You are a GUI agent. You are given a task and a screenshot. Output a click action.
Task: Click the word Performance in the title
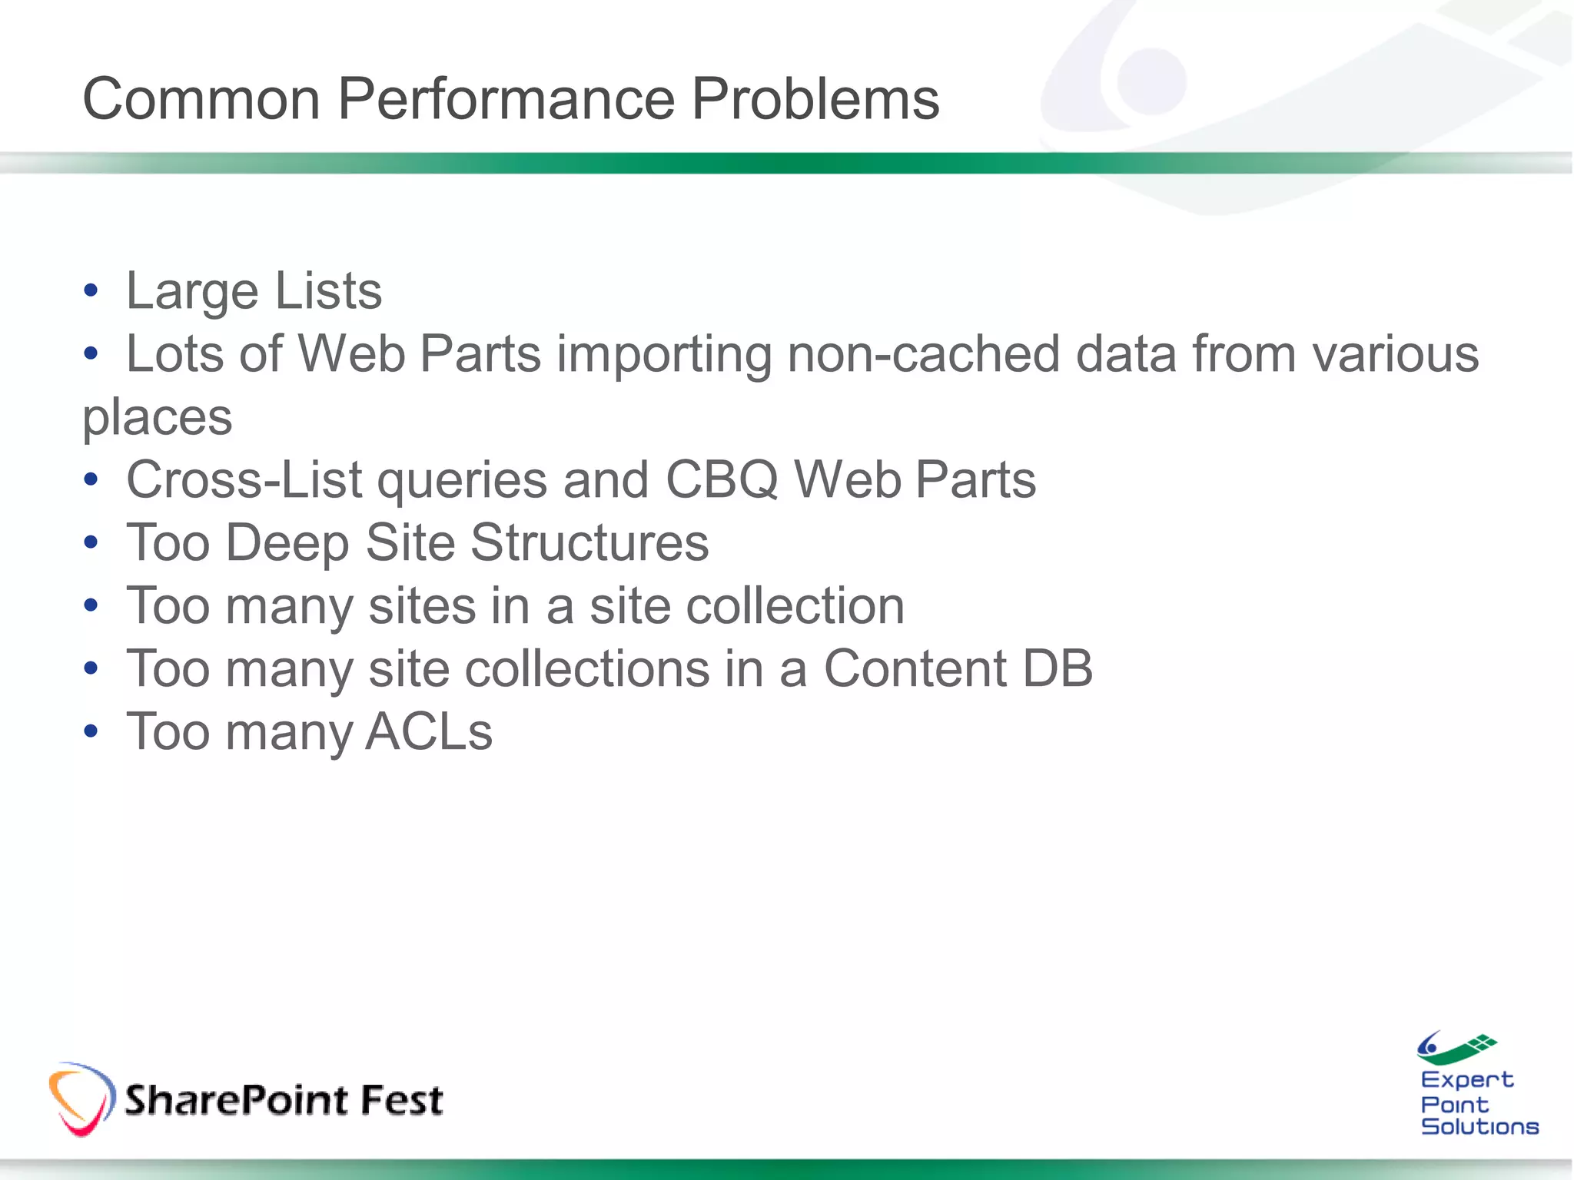[505, 100]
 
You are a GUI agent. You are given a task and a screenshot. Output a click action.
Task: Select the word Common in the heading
[201, 100]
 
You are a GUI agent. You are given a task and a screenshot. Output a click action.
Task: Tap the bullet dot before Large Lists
[91, 291]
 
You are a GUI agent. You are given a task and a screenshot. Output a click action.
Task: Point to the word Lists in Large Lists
[328, 292]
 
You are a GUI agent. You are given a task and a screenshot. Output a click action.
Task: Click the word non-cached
[923, 354]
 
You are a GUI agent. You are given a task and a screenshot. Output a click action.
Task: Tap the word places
[158, 419]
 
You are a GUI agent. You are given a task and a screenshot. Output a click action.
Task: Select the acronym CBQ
[722, 480]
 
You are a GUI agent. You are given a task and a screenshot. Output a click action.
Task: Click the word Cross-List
[244, 480]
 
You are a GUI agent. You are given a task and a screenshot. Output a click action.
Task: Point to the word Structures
[589, 543]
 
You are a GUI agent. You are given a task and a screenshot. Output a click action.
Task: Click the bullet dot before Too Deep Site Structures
[91, 543]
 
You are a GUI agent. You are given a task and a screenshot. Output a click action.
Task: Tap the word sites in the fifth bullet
[422, 606]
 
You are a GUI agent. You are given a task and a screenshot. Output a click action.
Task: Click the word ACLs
[429, 731]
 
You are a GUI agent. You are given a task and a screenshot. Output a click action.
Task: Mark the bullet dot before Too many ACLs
[91, 731]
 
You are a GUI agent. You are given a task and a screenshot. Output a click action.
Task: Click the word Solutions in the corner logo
[1479, 1127]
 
